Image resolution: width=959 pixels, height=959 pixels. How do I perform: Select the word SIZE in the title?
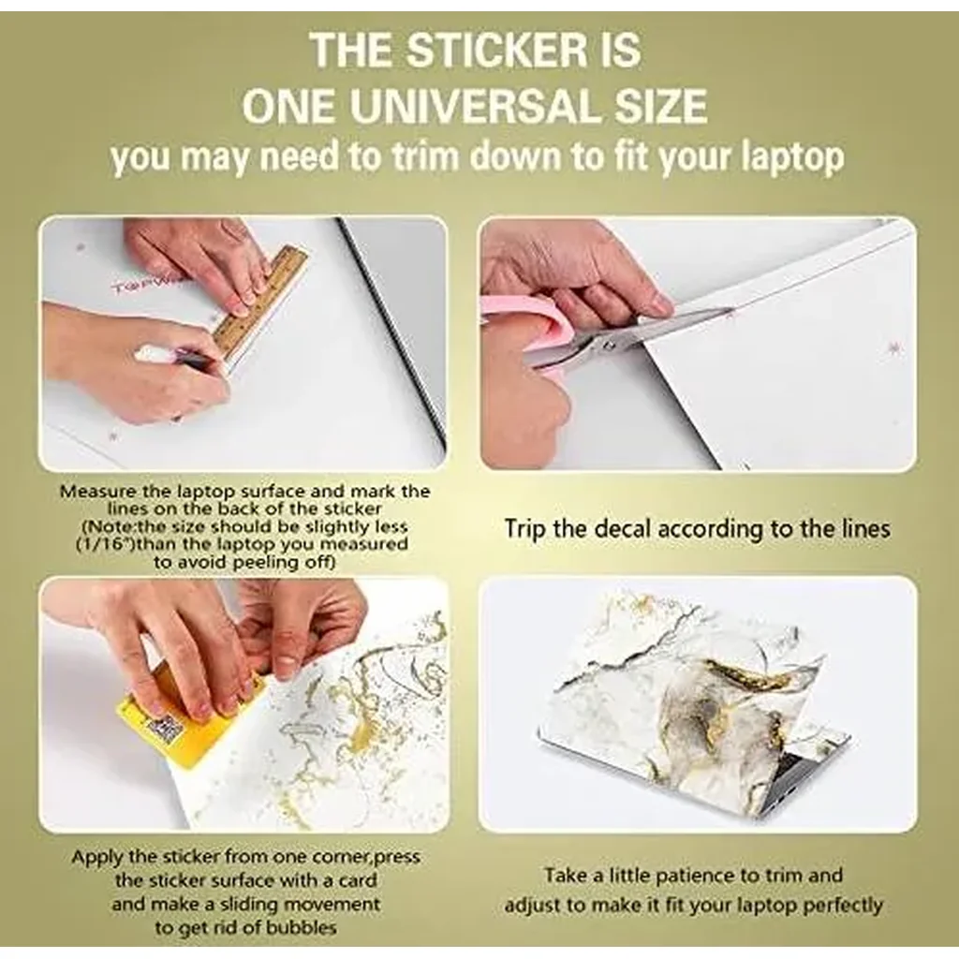(x=660, y=107)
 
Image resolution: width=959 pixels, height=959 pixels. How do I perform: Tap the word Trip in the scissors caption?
(x=525, y=530)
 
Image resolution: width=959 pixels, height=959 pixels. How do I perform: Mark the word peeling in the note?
(x=267, y=562)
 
